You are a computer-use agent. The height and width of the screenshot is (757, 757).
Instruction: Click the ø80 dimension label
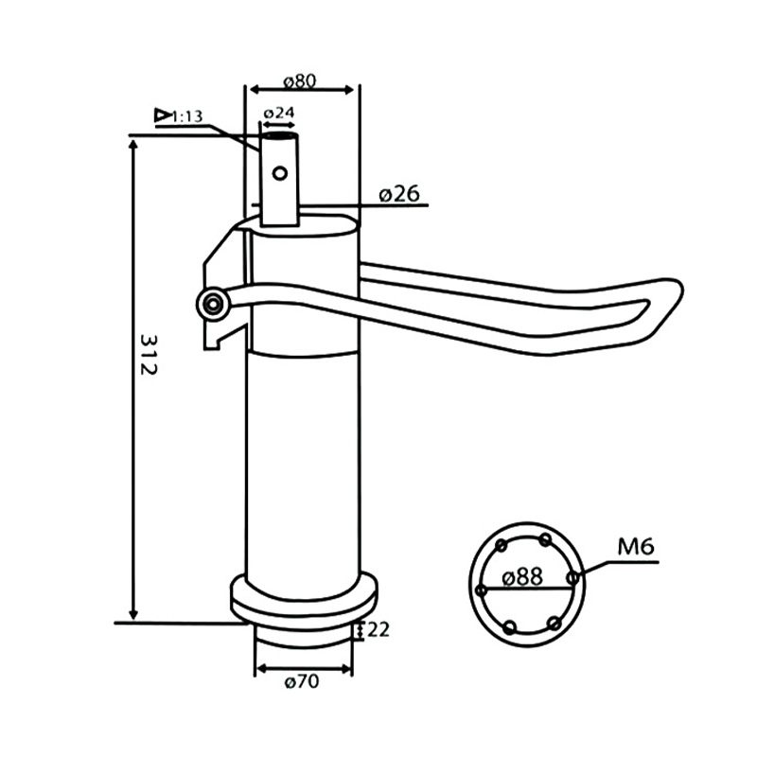(x=300, y=79)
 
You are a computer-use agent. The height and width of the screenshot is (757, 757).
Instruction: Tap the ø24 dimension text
(x=279, y=113)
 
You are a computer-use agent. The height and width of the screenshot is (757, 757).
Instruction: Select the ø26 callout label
(x=399, y=194)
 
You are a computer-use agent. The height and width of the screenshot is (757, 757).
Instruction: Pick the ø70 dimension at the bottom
(x=301, y=681)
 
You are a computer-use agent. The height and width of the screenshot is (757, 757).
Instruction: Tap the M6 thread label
(x=636, y=546)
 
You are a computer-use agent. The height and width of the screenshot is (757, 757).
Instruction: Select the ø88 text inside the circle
(x=522, y=576)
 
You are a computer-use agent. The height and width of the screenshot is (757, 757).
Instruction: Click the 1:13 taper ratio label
(x=188, y=116)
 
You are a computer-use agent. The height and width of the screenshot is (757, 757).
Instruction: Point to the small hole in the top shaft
(x=279, y=173)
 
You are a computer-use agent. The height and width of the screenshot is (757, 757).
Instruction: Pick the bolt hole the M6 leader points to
(x=572, y=576)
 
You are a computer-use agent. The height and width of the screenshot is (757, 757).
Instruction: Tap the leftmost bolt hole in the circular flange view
(x=482, y=590)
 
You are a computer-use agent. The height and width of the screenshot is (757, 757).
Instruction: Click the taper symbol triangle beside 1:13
(x=164, y=115)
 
